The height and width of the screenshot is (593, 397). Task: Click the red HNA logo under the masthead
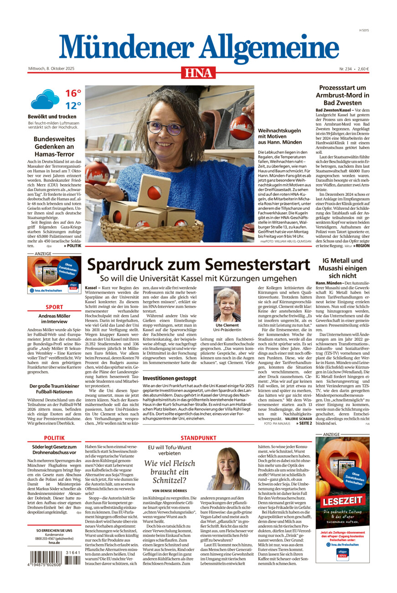(x=198, y=73)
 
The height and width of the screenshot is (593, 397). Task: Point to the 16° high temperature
(x=73, y=94)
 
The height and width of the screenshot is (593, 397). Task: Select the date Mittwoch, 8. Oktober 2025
(x=51, y=69)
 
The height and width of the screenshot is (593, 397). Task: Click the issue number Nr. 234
(x=345, y=69)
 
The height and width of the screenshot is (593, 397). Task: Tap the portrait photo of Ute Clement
(x=227, y=304)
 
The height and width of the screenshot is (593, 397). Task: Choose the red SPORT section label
(x=54, y=307)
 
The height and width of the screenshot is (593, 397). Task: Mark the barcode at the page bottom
(x=54, y=558)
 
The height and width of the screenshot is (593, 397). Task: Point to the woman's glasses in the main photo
(x=165, y=127)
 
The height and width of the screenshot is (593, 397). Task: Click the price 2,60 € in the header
(x=363, y=69)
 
